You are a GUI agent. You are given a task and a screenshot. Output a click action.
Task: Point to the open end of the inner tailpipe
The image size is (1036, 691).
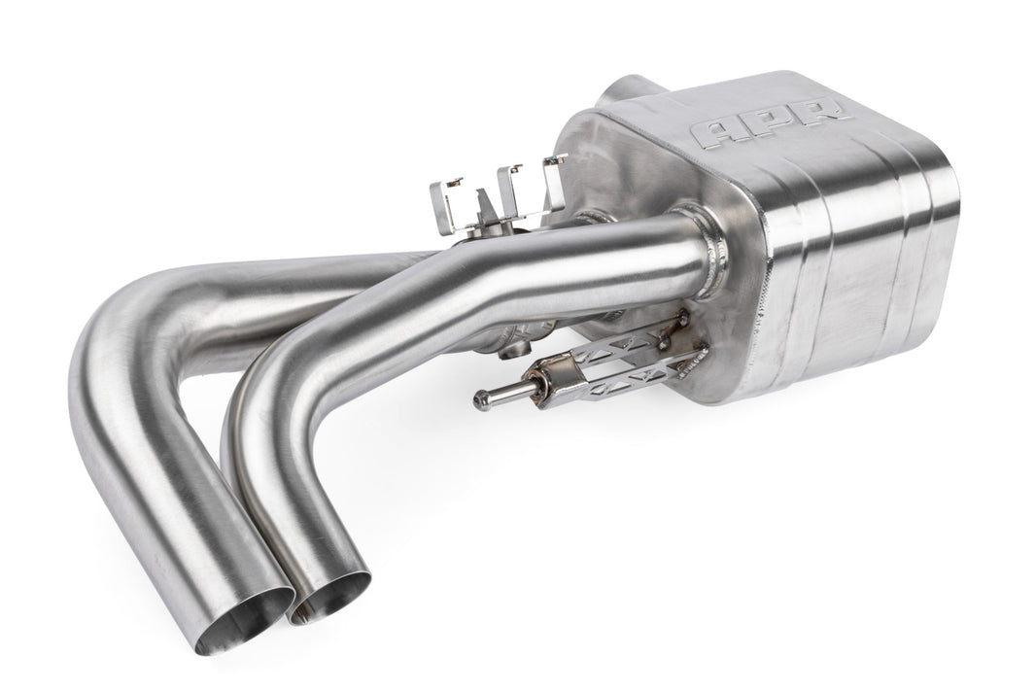[331, 596]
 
